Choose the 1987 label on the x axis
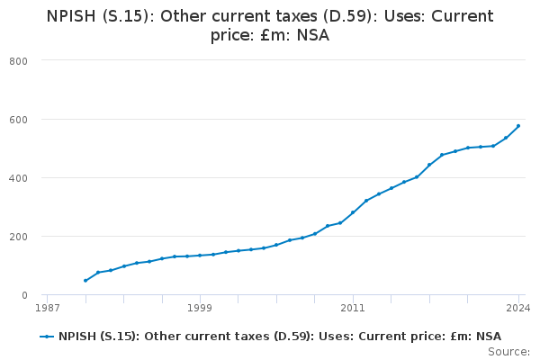(47, 308)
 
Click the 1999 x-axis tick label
(200, 308)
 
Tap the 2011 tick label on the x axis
(353, 308)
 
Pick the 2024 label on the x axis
(517, 308)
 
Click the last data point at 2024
(518, 126)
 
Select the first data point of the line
(85, 281)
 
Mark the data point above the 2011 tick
(353, 212)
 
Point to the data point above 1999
(200, 256)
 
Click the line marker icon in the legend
(47, 337)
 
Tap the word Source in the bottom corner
(510, 352)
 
